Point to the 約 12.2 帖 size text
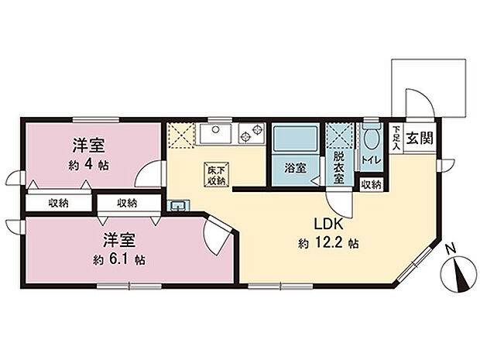[327, 242]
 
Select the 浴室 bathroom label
[295, 167]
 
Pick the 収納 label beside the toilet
[372, 185]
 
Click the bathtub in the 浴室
[294, 141]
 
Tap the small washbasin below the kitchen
[179, 204]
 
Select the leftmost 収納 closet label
[58, 204]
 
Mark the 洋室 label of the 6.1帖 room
[118, 238]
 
